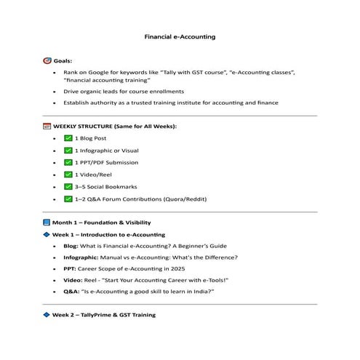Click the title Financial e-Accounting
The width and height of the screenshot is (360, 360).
[180, 36]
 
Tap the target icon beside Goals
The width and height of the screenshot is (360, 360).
[47, 61]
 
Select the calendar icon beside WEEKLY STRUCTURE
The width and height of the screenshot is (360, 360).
[47, 126]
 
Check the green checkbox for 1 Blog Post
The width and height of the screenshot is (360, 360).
[68, 137]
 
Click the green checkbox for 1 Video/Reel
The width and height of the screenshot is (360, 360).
[68, 175]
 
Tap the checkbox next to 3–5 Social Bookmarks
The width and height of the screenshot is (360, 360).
[68, 187]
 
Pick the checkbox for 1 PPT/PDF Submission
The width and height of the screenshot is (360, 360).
[68, 162]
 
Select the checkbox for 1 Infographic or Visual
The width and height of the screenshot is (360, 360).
[68, 150]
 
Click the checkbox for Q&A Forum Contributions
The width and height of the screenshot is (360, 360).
[68, 199]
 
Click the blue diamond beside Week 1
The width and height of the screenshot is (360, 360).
[47, 235]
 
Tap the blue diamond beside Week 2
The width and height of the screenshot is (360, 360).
[47, 315]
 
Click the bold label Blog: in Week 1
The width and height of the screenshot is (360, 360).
[71, 247]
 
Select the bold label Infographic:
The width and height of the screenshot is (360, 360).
[81, 257]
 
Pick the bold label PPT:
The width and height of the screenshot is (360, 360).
[69, 268]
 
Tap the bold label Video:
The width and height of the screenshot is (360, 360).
[72, 279]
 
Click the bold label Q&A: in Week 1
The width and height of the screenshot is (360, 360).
[71, 291]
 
